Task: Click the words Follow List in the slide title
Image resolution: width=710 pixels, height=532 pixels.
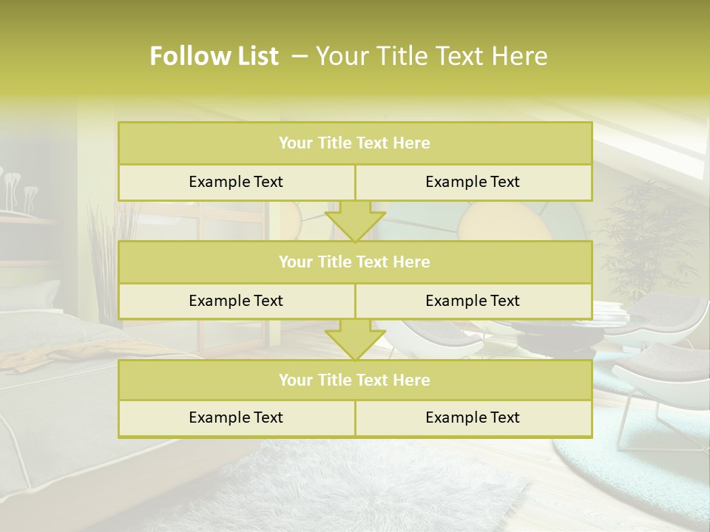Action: pos(214,56)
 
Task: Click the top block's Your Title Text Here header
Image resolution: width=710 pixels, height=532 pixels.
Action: pos(354,143)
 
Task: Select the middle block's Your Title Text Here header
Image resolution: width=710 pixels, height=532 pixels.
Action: pos(354,262)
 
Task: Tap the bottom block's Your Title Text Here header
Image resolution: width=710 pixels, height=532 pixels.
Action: pos(354,380)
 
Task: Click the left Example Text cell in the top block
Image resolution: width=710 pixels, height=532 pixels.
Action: pos(236,182)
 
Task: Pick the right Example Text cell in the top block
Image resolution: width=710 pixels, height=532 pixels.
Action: pos(473,182)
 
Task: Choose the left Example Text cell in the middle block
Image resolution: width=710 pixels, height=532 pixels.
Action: pos(236,301)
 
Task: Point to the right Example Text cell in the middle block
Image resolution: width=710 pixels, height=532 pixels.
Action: pos(473,301)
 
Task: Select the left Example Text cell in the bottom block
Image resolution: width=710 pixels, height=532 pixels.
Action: pos(236,417)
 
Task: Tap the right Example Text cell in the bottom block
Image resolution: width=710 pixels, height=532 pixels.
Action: pos(473,417)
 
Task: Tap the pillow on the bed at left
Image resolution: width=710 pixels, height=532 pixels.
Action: pos(30,296)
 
